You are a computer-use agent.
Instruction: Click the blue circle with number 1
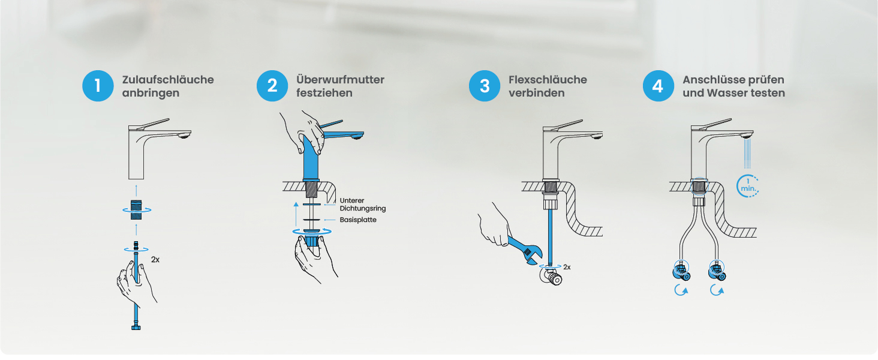[98, 86]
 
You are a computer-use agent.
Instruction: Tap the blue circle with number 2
[272, 86]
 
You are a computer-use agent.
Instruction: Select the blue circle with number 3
[485, 86]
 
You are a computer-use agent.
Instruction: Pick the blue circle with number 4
[659, 86]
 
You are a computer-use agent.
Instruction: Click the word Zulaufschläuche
[168, 80]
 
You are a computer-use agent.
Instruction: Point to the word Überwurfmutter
[340, 80]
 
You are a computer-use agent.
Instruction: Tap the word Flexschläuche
[548, 80]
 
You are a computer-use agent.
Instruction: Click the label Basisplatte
[358, 220]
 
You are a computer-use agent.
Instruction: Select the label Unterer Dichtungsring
[363, 205]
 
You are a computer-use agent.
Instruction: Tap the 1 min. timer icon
[748, 186]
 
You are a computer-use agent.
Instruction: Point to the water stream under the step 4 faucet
[748, 154]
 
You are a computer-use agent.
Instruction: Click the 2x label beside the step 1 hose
[155, 260]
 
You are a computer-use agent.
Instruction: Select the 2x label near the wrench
[567, 267]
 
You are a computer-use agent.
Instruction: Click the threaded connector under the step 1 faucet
[136, 210]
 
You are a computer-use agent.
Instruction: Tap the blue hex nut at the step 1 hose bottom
[136, 327]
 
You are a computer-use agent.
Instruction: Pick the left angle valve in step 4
[682, 271]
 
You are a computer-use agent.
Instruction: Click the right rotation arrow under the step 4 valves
[717, 290]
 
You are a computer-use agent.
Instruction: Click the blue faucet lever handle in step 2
[331, 124]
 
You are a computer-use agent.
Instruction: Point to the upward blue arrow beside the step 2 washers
[296, 214]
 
